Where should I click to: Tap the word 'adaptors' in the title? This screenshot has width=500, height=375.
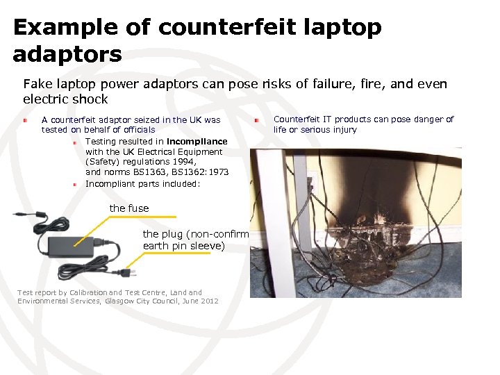(67, 53)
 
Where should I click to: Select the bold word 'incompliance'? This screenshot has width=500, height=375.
(197, 142)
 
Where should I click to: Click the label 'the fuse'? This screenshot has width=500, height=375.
(129, 208)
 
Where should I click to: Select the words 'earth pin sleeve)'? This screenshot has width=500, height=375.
(184, 246)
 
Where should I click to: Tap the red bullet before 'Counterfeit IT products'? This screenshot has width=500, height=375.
(256, 120)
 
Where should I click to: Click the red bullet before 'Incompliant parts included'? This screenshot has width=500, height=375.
(76, 185)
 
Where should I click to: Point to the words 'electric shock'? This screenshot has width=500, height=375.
(65, 99)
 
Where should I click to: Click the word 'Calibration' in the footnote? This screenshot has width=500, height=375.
(86, 293)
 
